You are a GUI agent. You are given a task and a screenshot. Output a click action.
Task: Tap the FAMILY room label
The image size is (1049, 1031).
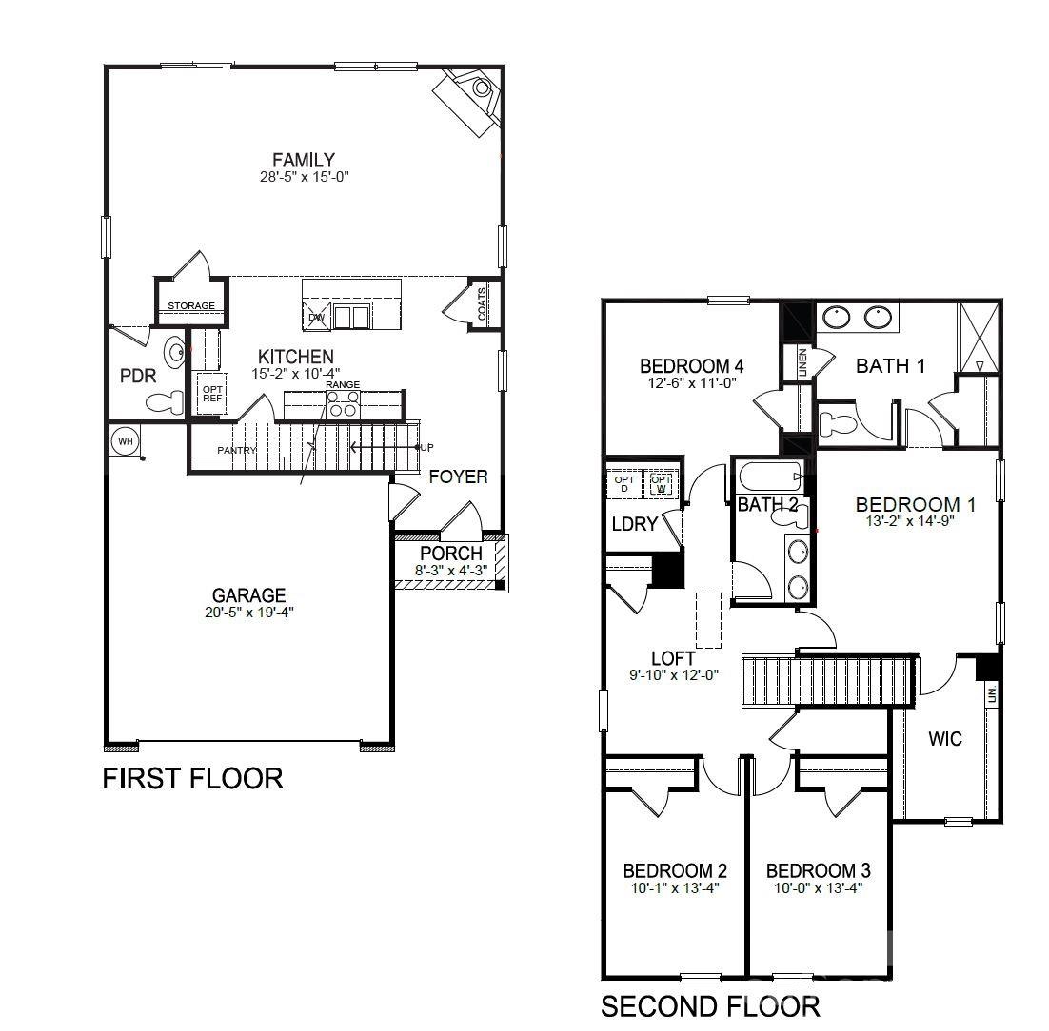(x=303, y=160)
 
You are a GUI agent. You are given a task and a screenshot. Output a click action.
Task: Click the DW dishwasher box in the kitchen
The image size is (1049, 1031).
(x=317, y=317)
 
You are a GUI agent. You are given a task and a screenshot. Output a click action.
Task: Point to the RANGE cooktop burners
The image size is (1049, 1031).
(x=342, y=404)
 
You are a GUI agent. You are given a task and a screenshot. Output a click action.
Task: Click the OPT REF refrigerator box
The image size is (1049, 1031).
(x=211, y=393)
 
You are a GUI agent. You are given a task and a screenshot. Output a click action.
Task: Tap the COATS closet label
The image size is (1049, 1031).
(x=483, y=304)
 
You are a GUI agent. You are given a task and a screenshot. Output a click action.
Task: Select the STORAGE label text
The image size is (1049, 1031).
(x=191, y=306)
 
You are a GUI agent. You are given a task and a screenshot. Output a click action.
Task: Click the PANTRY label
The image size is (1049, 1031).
(x=236, y=450)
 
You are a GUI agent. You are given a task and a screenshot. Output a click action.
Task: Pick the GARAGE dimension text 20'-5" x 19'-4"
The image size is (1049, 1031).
(x=249, y=613)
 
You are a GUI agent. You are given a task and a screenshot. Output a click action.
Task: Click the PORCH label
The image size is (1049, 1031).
(x=451, y=554)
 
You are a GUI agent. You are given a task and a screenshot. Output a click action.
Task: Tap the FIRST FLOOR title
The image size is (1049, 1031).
(x=192, y=779)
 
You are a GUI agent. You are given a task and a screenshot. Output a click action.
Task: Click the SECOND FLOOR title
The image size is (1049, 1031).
(x=709, y=1006)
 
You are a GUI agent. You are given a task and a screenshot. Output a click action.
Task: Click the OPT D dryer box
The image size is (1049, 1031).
(x=624, y=484)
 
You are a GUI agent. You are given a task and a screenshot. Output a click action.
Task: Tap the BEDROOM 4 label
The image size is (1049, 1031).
(x=691, y=366)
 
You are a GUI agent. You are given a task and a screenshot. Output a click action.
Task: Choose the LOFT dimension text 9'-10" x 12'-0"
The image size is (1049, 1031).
(x=672, y=674)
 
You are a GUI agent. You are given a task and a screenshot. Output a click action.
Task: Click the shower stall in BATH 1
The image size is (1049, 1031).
(x=978, y=337)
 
